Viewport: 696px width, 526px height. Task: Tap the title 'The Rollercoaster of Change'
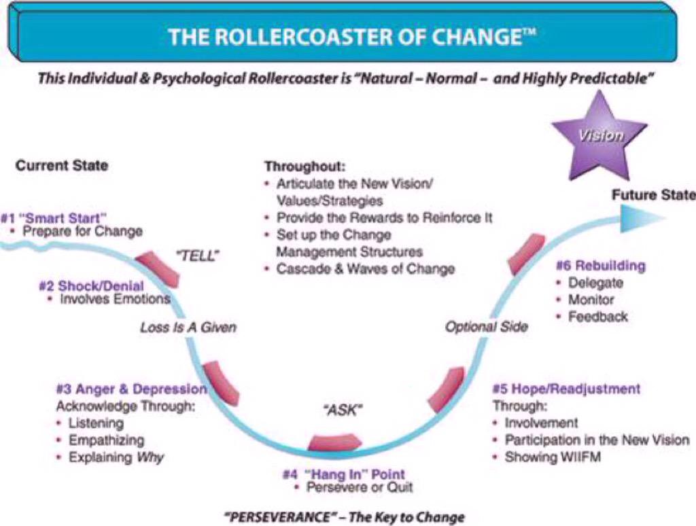(347, 36)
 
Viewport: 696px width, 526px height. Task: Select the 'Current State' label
(62, 165)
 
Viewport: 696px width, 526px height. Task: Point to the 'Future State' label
(653, 195)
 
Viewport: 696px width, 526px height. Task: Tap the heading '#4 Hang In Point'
(343, 474)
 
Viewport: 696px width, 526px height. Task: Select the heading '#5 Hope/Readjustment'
(565, 389)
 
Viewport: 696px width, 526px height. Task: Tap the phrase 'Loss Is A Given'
(188, 328)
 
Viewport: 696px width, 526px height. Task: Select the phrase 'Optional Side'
(486, 327)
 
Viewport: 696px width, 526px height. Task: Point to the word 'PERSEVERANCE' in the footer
(278, 516)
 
